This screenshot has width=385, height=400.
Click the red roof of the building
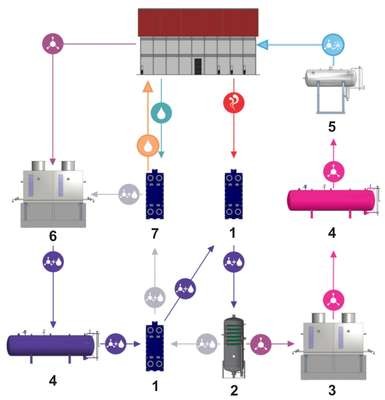pyautogui.click(x=198, y=22)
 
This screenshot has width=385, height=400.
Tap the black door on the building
pyautogui.click(x=198, y=66)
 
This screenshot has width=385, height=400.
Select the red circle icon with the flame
pyautogui.click(x=234, y=102)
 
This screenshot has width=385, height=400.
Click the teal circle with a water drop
pyautogui.click(x=161, y=112)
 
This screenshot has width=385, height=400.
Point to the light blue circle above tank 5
pyautogui.click(x=333, y=44)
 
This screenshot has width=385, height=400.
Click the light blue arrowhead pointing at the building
pyautogui.click(x=263, y=44)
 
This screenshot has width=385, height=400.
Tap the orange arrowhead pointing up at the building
pyautogui.click(x=148, y=86)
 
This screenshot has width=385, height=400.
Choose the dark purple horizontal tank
pyautogui.click(x=52, y=346)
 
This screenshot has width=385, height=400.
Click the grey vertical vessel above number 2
pyautogui.click(x=234, y=347)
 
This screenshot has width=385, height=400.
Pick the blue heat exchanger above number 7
pyautogui.click(x=155, y=194)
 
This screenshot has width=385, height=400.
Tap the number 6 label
pyautogui.click(x=53, y=236)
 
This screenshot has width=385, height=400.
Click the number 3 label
pyautogui.click(x=332, y=390)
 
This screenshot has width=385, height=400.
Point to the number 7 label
pyautogui.click(x=154, y=234)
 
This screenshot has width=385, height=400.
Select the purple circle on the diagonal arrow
pyautogui.click(x=185, y=289)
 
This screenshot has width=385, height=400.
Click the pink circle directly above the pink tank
pyautogui.click(x=333, y=171)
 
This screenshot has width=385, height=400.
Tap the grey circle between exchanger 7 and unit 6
pyautogui.click(x=129, y=194)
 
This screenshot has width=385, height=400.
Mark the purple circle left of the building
pyautogui.click(x=53, y=43)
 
